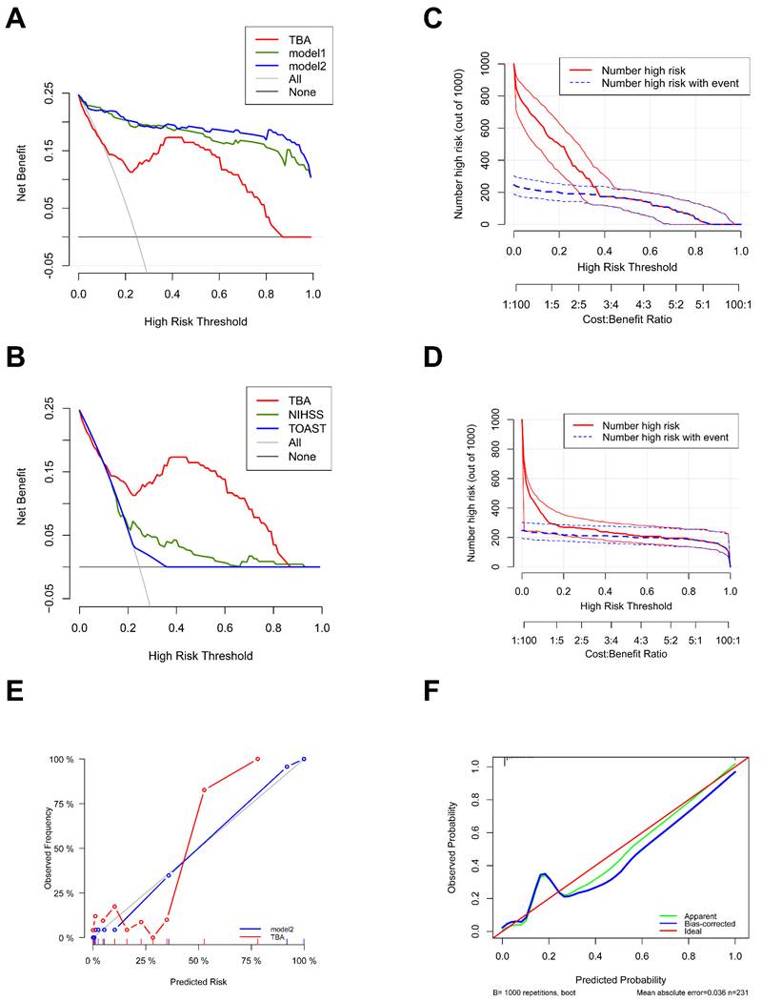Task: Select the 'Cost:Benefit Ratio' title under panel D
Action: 627,653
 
